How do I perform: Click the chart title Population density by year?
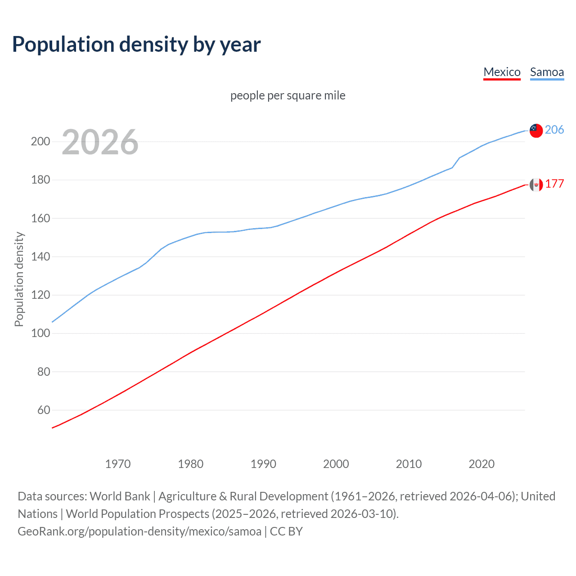click(136, 45)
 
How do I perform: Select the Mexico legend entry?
click(502, 72)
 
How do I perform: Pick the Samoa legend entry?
click(547, 72)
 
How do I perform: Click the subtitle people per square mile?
click(288, 95)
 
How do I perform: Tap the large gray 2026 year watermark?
click(100, 142)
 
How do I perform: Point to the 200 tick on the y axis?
click(40, 142)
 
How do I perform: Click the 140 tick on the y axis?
click(40, 256)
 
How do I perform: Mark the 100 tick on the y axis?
click(40, 333)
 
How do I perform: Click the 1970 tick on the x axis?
click(118, 464)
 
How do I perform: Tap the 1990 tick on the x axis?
click(263, 464)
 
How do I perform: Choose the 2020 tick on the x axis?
click(481, 464)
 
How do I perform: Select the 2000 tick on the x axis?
click(336, 464)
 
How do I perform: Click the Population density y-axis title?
click(19, 279)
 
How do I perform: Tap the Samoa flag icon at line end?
click(536, 130)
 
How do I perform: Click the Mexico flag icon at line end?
click(536, 184)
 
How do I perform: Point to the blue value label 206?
click(554, 130)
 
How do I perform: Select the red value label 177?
click(554, 184)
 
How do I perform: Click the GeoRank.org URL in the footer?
click(139, 531)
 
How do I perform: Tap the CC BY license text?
click(286, 531)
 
